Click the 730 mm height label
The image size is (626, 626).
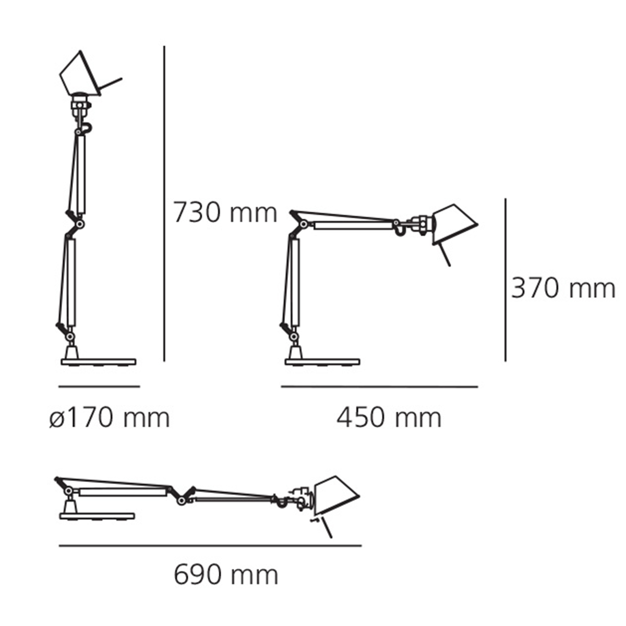click(225, 213)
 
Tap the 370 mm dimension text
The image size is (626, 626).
click(563, 288)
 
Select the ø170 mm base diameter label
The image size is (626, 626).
click(110, 418)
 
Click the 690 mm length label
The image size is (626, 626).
click(226, 575)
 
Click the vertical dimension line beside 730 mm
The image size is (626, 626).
click(164, 203)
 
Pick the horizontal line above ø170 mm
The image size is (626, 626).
click(99, 387)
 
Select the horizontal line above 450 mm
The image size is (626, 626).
click(379, 387)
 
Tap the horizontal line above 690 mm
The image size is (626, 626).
click(210, 546)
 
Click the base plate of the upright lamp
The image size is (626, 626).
click(98, 362)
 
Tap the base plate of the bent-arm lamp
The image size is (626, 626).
click(322, 362)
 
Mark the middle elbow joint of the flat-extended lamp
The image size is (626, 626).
click(181, 501)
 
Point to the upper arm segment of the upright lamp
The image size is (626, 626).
click(80, 175)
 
